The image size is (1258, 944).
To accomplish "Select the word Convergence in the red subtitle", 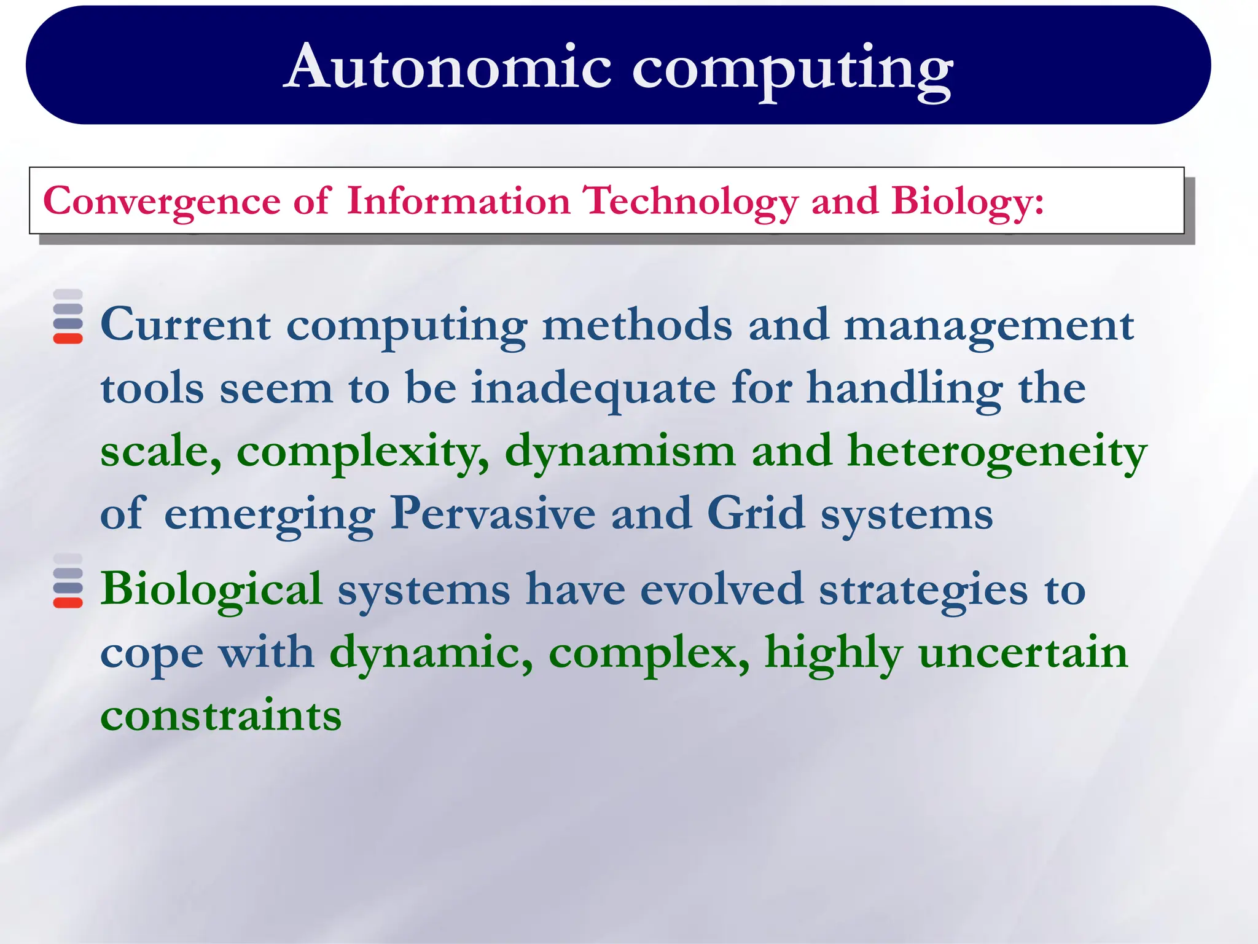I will coord(162,202).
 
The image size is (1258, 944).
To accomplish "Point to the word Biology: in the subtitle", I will coord(967,202).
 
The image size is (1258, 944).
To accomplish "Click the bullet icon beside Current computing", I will coord(68,317).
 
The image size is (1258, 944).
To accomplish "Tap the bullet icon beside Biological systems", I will coord(68,581).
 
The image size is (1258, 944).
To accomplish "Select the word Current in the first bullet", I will coord(185,324).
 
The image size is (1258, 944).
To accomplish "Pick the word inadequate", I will coord(593,389).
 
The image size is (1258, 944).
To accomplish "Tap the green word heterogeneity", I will coord(996,452).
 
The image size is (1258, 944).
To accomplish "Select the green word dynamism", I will coord(620,452).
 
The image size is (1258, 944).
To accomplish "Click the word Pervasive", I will coord(493,513).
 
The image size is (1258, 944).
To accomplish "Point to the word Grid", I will coord(755,513).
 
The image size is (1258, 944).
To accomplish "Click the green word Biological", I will coord(211,589).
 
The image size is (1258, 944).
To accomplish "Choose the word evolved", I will coord(721,589).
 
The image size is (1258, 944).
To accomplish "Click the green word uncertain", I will coord(1023,653).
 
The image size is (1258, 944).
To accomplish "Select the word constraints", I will coord(221,716).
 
